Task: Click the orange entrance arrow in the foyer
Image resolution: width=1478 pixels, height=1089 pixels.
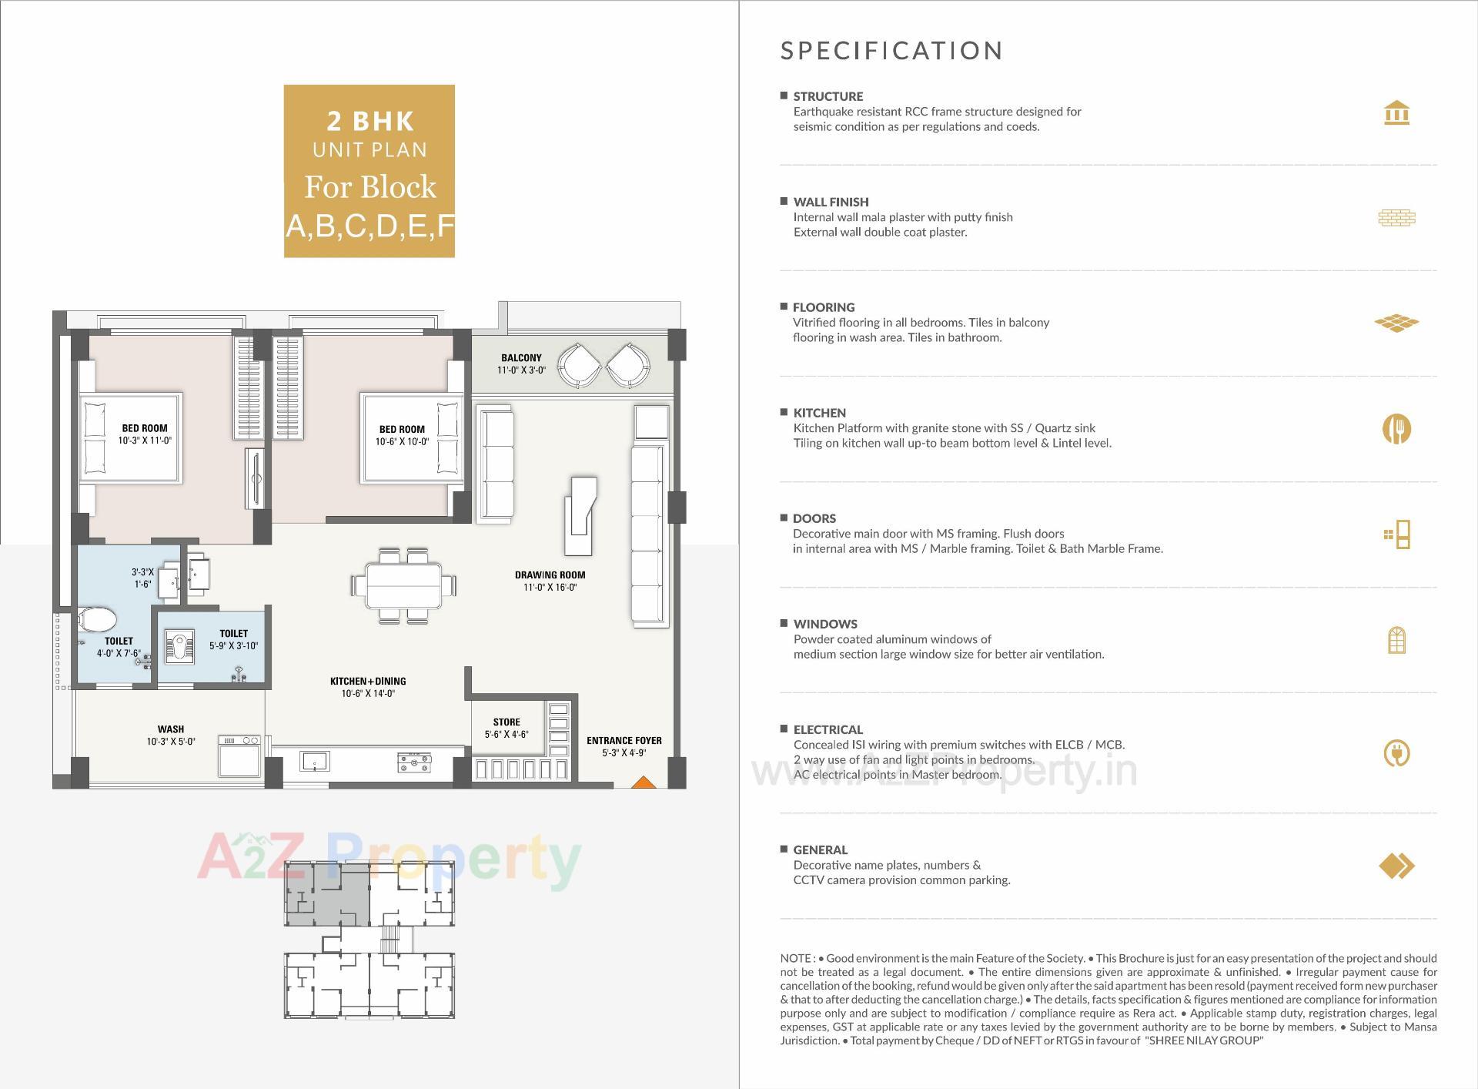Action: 644,782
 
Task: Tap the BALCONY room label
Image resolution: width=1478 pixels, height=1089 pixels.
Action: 521,357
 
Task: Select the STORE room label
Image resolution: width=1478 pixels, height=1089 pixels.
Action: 507,722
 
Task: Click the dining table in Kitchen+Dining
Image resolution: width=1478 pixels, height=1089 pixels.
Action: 404,585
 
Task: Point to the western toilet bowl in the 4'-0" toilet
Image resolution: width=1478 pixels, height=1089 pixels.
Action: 98,618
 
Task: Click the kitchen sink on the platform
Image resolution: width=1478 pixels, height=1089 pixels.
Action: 315,762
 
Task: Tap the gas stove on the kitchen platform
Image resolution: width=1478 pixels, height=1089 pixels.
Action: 414,762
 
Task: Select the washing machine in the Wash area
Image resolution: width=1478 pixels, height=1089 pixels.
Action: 239,757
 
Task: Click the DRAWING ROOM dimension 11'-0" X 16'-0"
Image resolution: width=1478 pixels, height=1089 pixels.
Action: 550,588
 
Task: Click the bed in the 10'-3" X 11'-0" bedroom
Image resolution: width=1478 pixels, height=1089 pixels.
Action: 131,437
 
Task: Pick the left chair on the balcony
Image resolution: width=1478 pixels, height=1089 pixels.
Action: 579,366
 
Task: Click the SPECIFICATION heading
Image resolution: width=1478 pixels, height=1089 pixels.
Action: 891,51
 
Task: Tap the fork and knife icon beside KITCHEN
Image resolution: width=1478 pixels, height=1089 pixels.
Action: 1396,429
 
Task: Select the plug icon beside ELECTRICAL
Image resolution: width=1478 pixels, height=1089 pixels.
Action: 1396,753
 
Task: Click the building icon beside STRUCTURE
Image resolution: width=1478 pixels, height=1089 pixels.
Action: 1396,113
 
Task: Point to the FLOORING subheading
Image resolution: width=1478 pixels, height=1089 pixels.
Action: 823,307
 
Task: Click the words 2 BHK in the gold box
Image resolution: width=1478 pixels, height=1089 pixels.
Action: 370,121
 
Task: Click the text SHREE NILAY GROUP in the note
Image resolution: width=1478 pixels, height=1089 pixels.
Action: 1204,1040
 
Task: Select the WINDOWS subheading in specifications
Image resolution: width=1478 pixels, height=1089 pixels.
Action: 824,624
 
